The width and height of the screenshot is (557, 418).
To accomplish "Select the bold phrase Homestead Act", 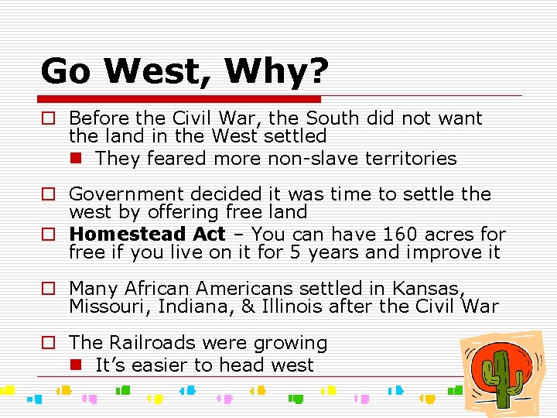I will pos(147,234).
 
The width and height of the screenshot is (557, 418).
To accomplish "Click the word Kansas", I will pos(426,289).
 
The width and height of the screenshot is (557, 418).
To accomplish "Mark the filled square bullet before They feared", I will pos(75,159).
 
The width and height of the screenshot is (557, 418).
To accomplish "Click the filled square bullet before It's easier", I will pos(75,365).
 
